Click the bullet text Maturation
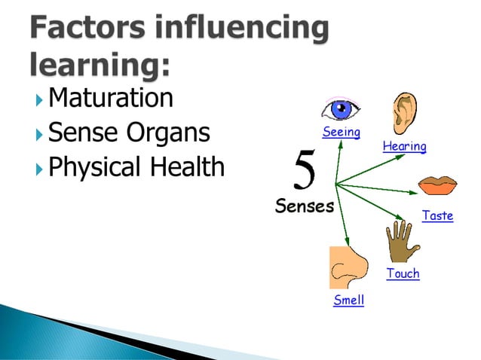tap(110, 98)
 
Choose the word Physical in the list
tap(94, 167)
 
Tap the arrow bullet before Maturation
tap(39, 99)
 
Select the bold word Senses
tap(304, 206)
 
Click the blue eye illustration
tap(342, 110)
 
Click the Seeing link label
tap(342, 133)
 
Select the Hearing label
tap(404, 146)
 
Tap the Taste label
tap(437, 215)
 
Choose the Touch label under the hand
tap(403, 273)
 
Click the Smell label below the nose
tap(348, 301)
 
